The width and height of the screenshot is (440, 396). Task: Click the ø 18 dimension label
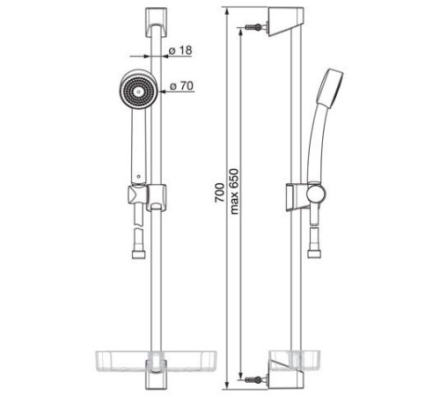(x=181, y=50)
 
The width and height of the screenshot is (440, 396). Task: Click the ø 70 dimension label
(x=182, y=86)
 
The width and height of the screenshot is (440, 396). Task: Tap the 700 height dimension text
(x=219, y=193)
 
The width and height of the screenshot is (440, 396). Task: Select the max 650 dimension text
(x=234, y=191)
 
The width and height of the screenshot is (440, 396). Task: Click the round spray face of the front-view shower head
(x=138, y=92)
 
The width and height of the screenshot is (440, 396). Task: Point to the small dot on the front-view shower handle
(x=139, y=177)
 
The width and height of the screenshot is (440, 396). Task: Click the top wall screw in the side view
(x=253, y=27)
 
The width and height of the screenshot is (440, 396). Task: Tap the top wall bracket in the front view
(x=156, y=23)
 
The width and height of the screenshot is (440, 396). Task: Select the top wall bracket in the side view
(x=285, y=22)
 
